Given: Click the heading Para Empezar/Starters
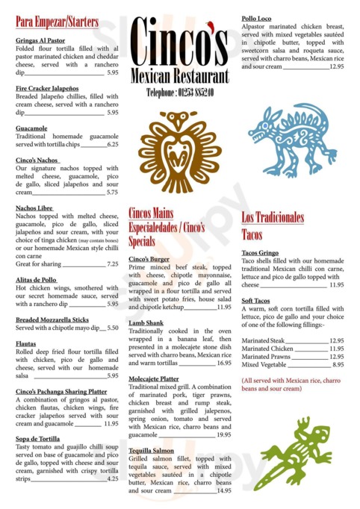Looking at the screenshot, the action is click(57, 22).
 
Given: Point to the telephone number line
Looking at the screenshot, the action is click(179, 92).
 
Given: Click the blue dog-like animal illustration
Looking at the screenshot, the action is click(292, 139).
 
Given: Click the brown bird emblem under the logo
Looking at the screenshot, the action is click(179, 150).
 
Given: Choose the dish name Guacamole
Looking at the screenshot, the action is click(31, 128).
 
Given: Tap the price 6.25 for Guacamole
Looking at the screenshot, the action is click(113, 144).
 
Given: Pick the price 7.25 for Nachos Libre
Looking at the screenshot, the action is click(113, 263).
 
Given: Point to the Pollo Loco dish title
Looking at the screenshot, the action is click(258, 19).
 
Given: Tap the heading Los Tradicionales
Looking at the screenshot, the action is click(273, 217).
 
